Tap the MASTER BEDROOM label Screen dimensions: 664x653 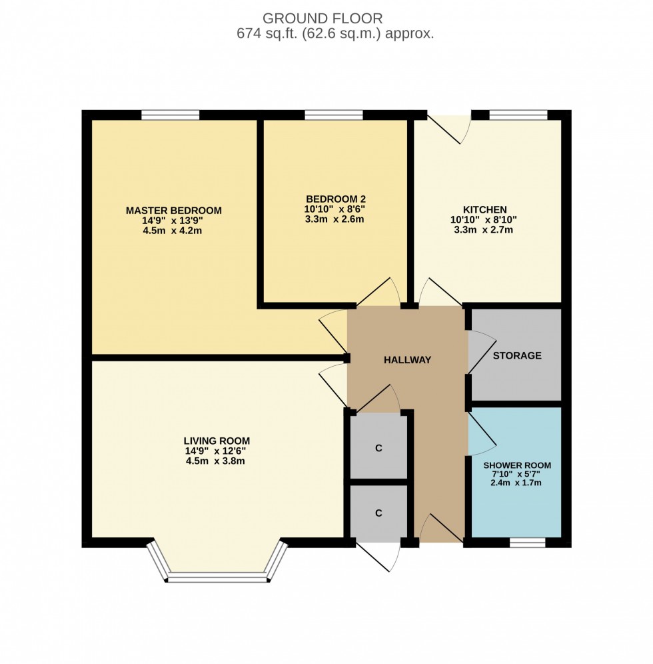click(173, 211)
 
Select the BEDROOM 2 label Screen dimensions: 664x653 click(335, 199)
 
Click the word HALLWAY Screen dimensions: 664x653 click(407, 360)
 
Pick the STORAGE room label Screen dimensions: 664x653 click(516, 355)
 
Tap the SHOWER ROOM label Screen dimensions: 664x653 click(517, 465)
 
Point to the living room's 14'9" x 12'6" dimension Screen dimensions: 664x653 click(217, 451)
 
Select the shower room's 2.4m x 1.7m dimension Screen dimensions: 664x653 click(517, 482)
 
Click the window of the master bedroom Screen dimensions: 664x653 click(170, 115)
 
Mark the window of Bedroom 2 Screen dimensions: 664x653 click(333, 115)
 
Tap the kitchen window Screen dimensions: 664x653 click(518, 115)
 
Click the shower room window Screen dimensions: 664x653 click(527, 543)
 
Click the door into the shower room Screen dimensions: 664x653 click(481, 431)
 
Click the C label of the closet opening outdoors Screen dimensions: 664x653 click(378, 513)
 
